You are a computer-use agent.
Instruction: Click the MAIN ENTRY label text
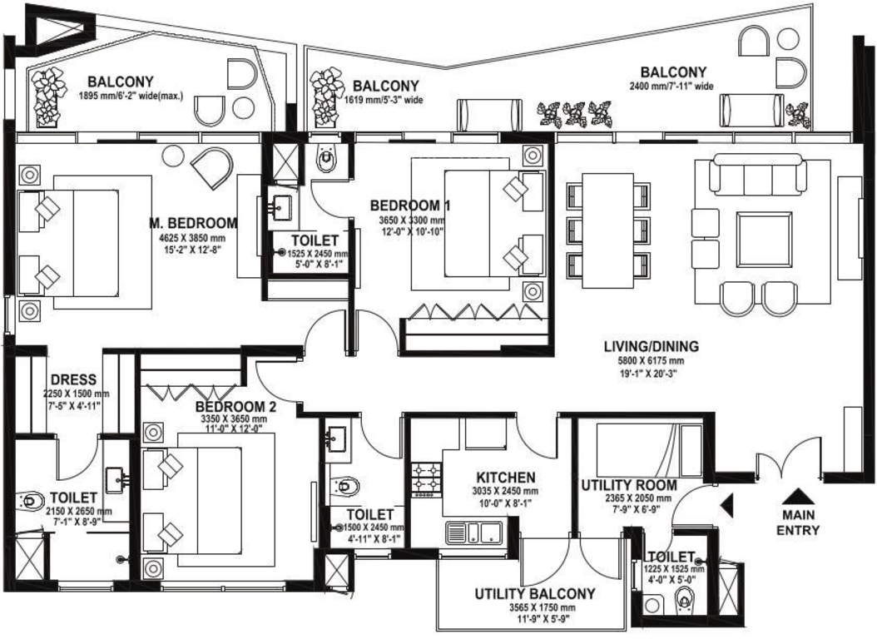pos(797,523)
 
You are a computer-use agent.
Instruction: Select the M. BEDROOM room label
pos(193,223)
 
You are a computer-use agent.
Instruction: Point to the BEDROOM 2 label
pos(236,407)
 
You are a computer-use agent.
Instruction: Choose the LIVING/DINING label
pos(652,347)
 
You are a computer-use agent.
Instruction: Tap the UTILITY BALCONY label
pos(535,594)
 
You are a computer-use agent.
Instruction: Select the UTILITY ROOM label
pos(628,485)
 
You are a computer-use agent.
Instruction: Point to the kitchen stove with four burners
pos(427,478)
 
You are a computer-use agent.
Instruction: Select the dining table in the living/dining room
pos(608,230)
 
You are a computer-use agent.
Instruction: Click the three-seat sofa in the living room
pos(757,176)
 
